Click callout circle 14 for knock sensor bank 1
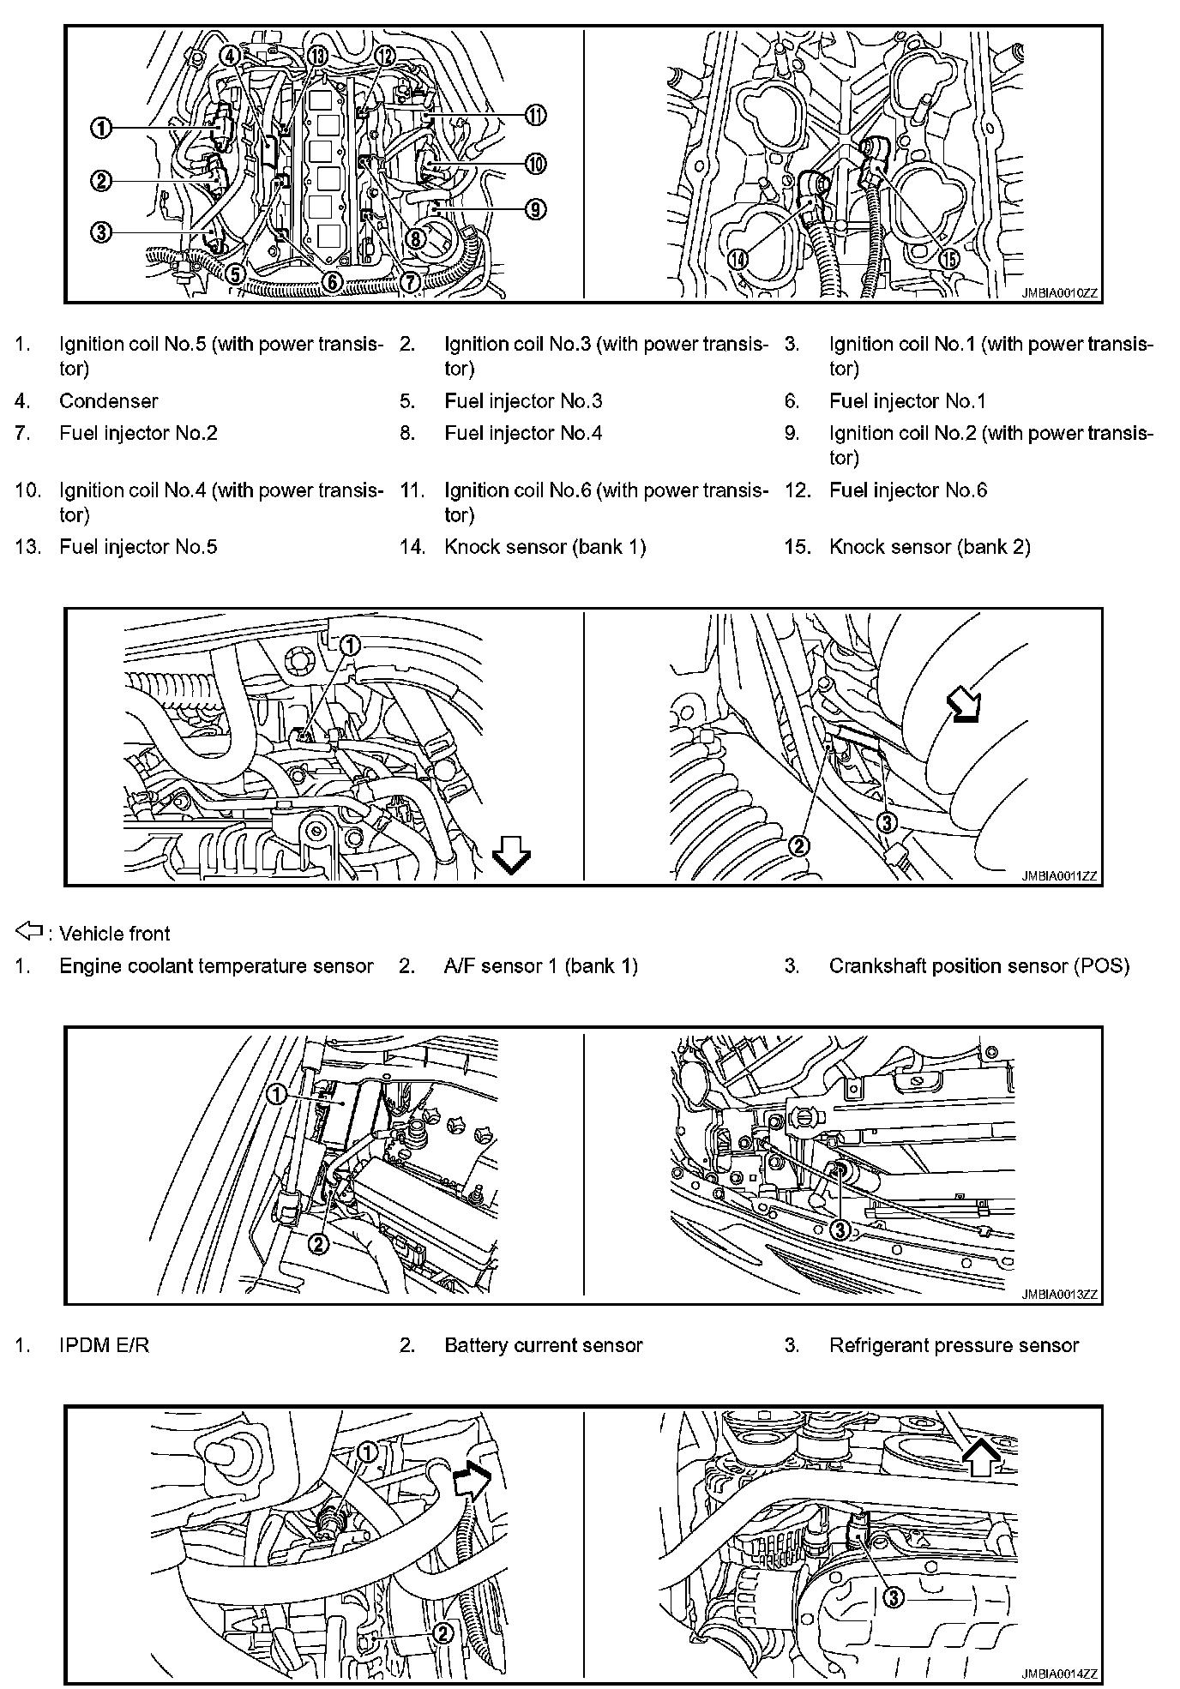(x=737, y=259)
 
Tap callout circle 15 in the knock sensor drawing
(x=948, y=259)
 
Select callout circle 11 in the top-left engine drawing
(x=536, y=116)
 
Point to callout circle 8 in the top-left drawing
(x=416, y=237)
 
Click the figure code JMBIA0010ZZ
(x=1059, y=292)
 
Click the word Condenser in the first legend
(x=108, y=401)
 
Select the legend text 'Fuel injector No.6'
(x=907, y=490)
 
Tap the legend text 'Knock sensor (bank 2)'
(x=929, y=547)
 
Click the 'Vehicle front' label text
(x=115, y=934)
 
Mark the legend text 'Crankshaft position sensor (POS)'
(x=978, y=966)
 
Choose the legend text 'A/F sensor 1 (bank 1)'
(x=540, y=966)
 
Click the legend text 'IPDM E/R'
(x=104, y=1345)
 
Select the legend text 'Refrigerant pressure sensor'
(x=954, y=1345)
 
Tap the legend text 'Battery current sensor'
(x=543, y=1345)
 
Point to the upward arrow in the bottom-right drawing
(x=983, y=1455)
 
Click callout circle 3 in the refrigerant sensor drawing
(x=840, y=1229)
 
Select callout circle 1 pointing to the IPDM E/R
(x=276, y=1094)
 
